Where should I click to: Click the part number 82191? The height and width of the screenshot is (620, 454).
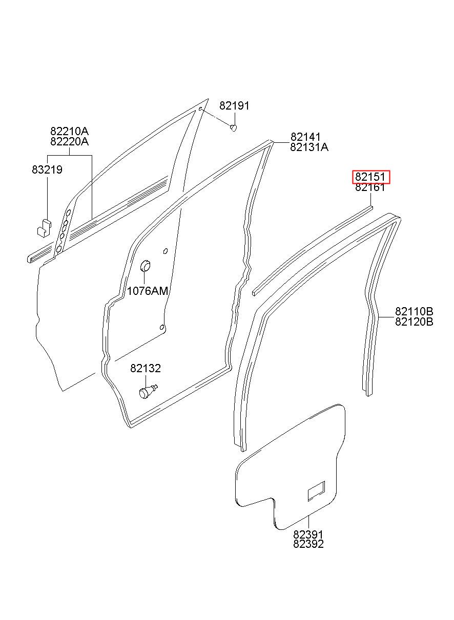coord(234,106)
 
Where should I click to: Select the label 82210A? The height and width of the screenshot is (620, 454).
coord(69,131)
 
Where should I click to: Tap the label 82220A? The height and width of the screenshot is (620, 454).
coord(69,141)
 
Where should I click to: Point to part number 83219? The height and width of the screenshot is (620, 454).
coord(47,169)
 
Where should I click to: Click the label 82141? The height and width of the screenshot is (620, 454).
coord(305,137)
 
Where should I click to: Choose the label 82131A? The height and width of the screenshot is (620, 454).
coord(309,147)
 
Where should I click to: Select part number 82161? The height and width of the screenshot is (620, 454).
coord(370,187)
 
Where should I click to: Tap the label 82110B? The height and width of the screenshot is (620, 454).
coord(414,311)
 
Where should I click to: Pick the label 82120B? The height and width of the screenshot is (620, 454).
coord(414,322)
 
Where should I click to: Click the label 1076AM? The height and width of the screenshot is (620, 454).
coord(148,291)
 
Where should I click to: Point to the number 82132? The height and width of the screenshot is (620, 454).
coord(145,368)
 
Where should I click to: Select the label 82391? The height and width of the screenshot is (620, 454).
coord(308,534)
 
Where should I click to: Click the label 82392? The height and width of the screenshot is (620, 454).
coord(308,544)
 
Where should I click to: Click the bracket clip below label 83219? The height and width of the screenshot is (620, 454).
coord(44,226)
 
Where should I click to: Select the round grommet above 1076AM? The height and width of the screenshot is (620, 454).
coord(146,266)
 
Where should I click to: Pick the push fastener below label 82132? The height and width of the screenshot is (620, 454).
coord(147,392)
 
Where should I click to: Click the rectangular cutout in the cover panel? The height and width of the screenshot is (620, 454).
coord(316,491)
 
